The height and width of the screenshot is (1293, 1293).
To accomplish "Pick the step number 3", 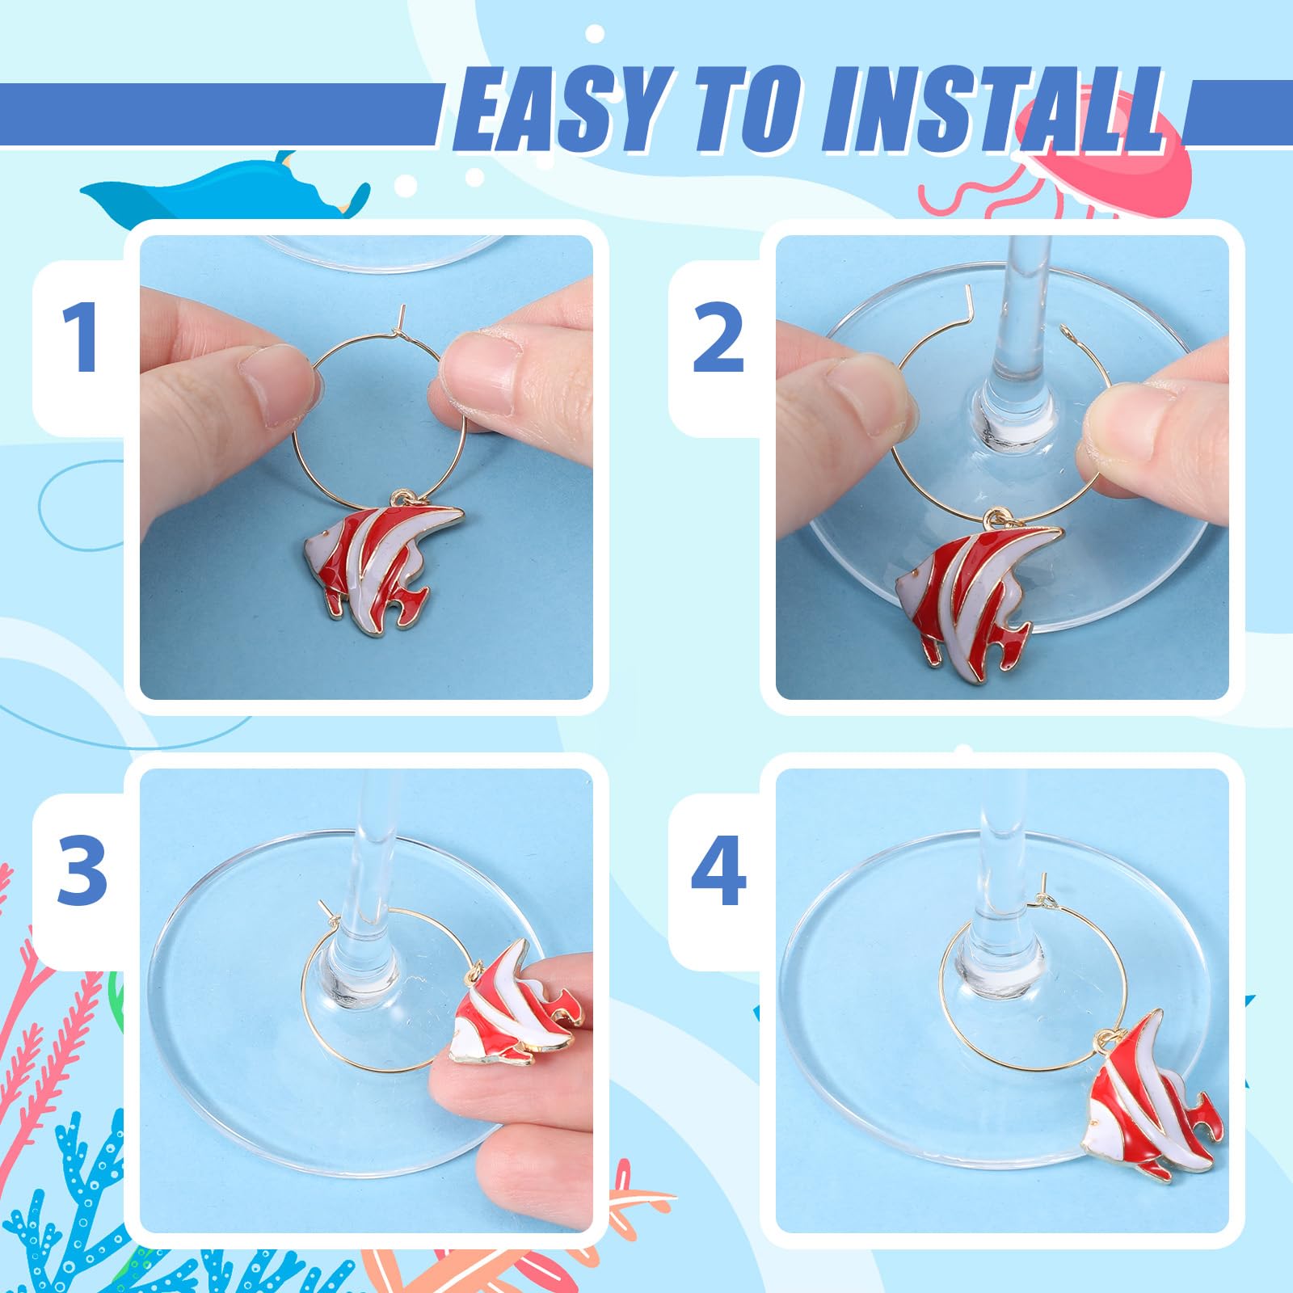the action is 82,870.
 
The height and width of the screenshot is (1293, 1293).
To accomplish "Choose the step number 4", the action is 718,870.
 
